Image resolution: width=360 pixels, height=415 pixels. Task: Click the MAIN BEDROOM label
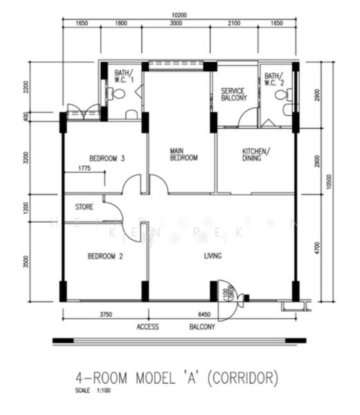pyautogui.click(x=184, y=154)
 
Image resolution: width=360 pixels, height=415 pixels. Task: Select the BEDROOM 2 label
pyautogui.click(x=105, y=256)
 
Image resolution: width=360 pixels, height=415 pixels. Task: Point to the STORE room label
pyautogui.click(x=84, y=205)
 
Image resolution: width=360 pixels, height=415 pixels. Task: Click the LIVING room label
pyautogui.click(x=213, y=256)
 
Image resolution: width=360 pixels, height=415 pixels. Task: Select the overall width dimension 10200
pyautogui.click(x=180, y=14)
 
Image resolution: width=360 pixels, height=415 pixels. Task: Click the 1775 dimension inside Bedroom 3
pyautogui.click(x=84, y=168)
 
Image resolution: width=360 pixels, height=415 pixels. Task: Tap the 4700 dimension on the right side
pyautogui.click(x=317, y=247)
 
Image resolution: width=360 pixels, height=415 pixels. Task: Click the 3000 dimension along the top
pyautogui.click(x=176, y=24)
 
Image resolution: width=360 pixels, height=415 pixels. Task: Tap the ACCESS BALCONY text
pyautogui.click(x=176, y=326)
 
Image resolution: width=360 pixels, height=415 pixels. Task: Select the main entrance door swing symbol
pyautogui.click(x=227, y=290)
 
